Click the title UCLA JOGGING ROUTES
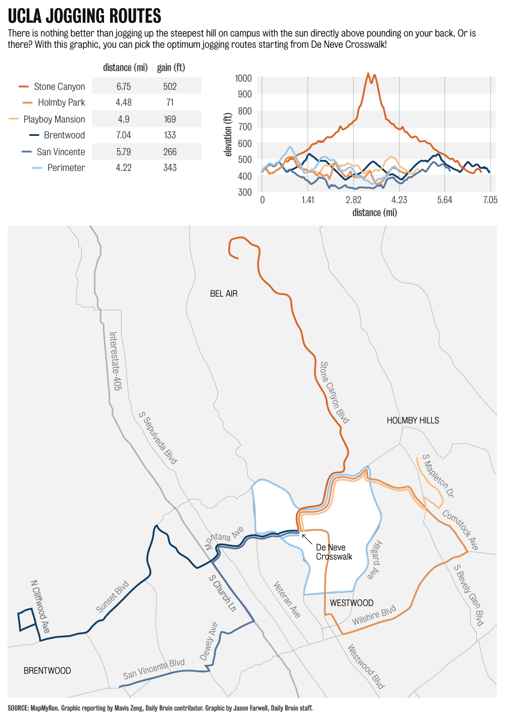pos(84,16)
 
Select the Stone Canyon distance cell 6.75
pos(123,86)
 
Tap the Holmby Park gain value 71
pos(170,103)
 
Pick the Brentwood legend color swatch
pos(34,135)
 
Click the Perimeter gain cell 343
pos(170,168)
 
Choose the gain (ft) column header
pos(171,68)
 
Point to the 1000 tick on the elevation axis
pos(243,78)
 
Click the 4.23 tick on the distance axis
pos(399,200)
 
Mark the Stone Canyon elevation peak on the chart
pos(369,74)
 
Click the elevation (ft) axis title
pos(228,134)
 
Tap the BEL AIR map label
pos(224,294)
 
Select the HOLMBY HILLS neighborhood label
pos(413,420)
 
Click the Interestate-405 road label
pos(115,361)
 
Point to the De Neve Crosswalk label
pos(334,552)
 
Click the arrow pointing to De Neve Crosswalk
pos(307,539)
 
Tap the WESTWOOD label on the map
pos(351,603)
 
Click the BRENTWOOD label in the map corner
pos(47,671)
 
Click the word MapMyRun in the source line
pos(44,708)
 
